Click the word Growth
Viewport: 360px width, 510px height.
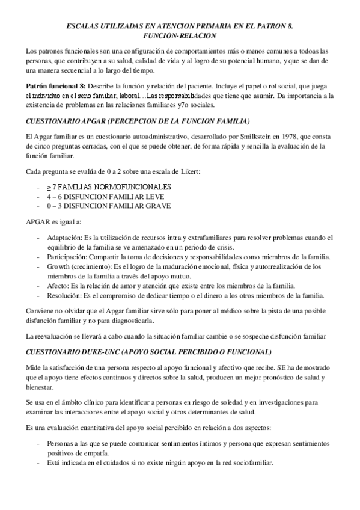point(59,266)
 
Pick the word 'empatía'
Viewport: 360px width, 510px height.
point(96,452)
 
